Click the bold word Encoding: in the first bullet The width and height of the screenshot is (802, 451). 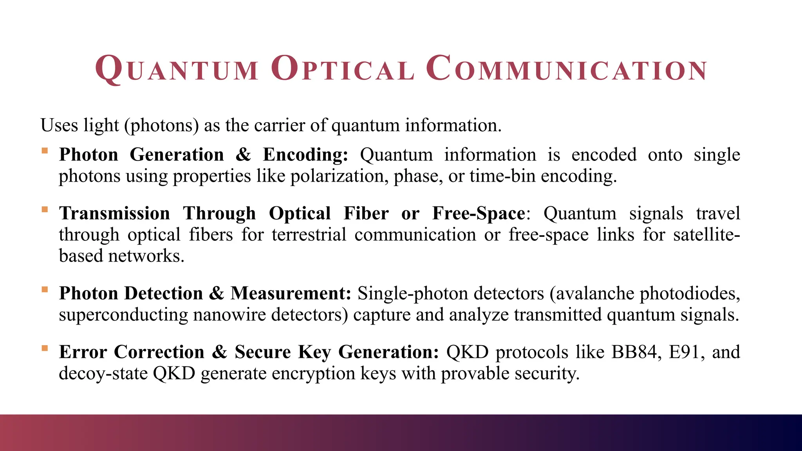tap(305, 155)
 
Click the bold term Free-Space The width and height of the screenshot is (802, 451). tap(479, 214)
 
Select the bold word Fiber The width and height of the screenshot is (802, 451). tap(366, 214)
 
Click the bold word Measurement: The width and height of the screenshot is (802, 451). tap(291, 294)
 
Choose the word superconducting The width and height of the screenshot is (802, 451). tap(123, 315)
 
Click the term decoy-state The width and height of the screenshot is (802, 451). tap(103, 373)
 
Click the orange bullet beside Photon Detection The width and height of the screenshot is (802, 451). tap(45, 290)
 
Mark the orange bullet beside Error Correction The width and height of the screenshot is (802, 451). tap(45, 348)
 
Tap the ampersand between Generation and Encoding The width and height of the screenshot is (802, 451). tap(243, 155)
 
